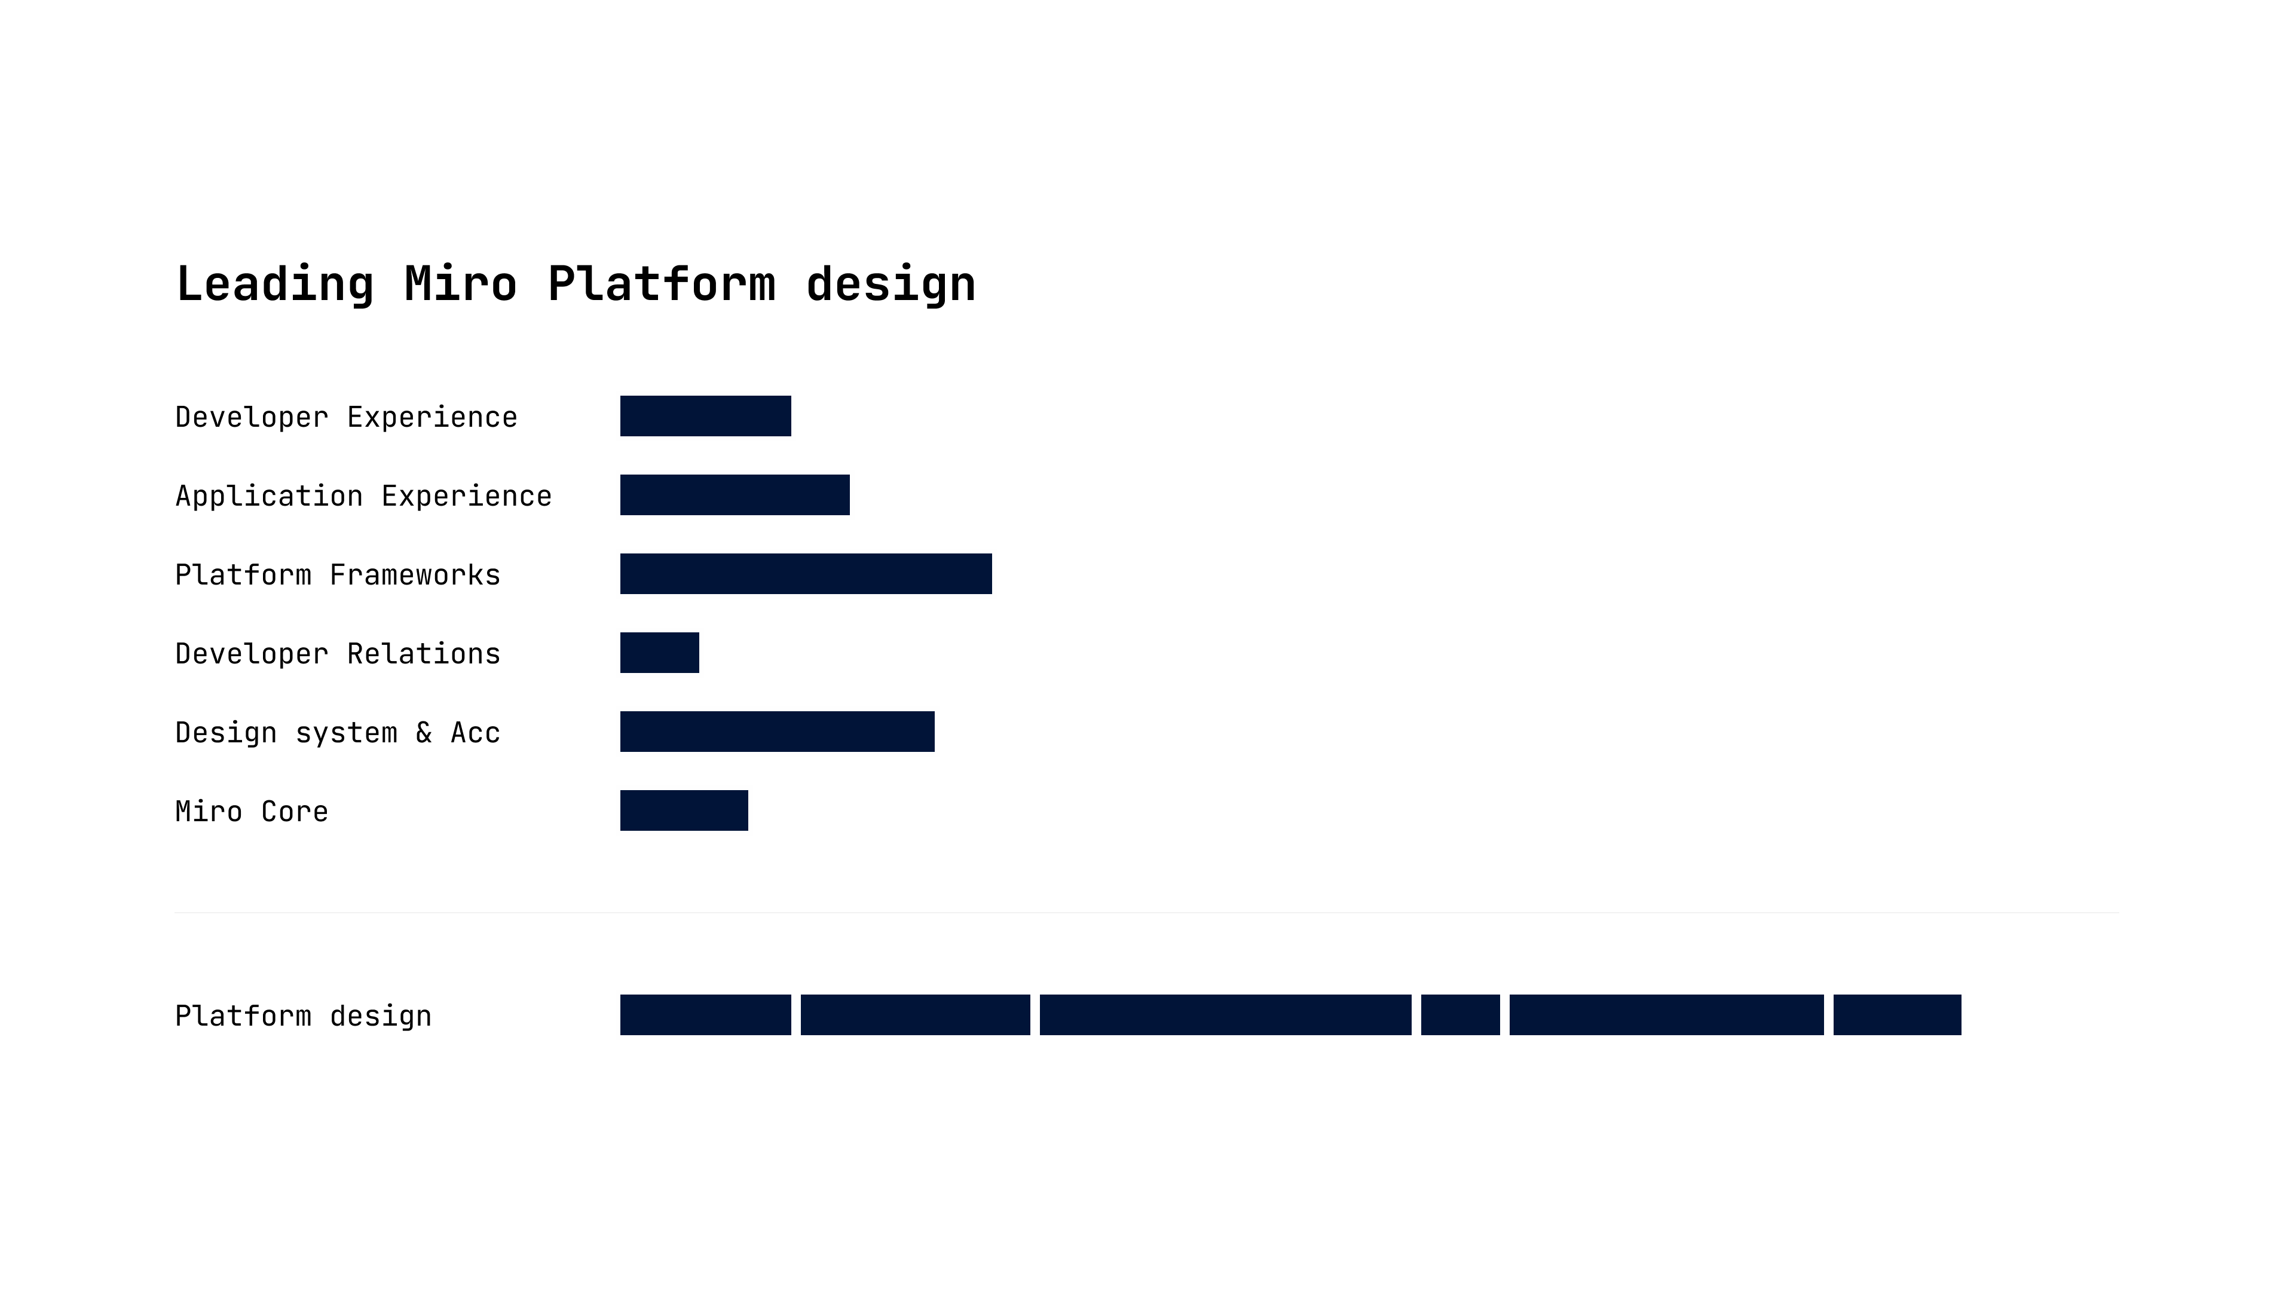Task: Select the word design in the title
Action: click(x=891, y=285)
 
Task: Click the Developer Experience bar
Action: click(x=706, y=416)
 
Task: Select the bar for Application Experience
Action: click(x=735, y=494)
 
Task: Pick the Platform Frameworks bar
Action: click(x=806, y=574)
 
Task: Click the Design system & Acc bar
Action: click(x=778, y=732)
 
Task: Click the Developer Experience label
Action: click(x=347, y=418)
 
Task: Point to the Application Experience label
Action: click(x=363, y=496)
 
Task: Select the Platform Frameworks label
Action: click(x=338, y=574)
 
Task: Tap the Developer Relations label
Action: click(x=338, y=654)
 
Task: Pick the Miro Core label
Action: click(x=252, y=812)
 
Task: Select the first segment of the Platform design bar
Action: click(x=706, y=1015)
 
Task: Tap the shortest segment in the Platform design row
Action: click(x=1460, y=1015)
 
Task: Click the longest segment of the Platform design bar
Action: click(x=1226, y=1015)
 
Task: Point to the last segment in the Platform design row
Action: click(x=1898, y=1015)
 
